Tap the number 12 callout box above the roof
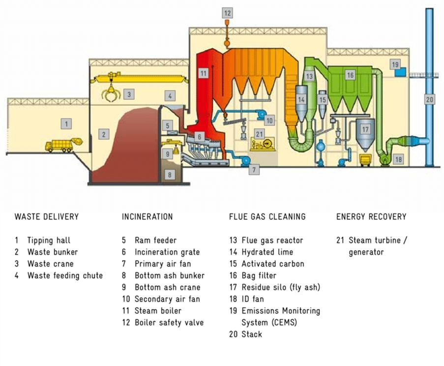click(227, 13)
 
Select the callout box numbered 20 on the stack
click(430, 99)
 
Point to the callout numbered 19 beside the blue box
click(395, 64)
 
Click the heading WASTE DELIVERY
click(46, 216)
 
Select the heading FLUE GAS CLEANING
click(267, 216)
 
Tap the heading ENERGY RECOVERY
click(371, 216)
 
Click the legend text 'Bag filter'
click(259, 275)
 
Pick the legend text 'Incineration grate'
click(167, 252)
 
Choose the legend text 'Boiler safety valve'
click(169, 323)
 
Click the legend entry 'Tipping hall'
click(49, 240)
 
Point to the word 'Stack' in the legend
click(252, 335)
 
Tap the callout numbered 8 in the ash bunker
click(169, 174)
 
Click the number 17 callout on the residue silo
click(365, 130)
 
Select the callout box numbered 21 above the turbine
click(259, 133)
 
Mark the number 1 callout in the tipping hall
click(66, 124)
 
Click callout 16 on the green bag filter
click(350, 75)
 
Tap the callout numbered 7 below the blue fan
click(254, 170)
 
